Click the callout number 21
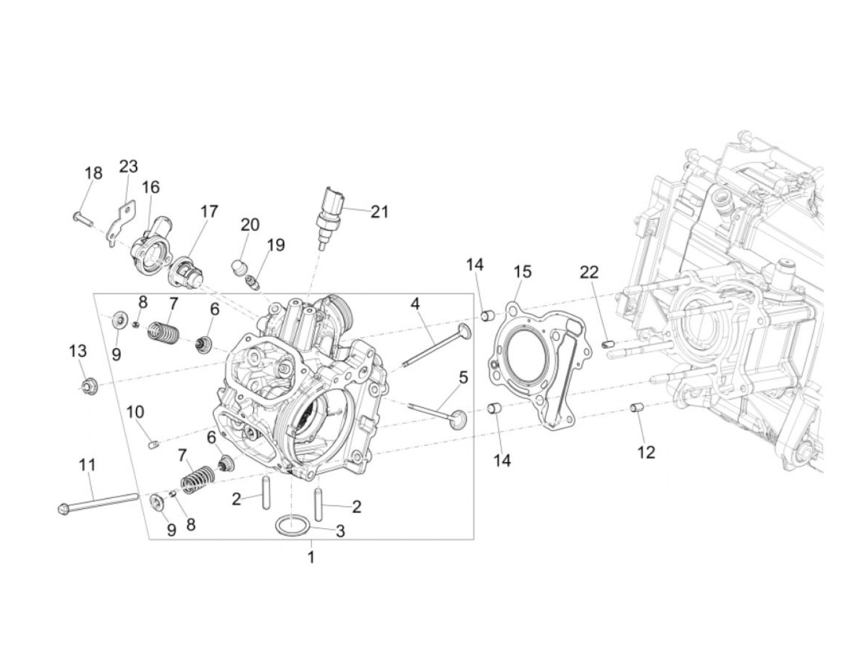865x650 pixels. click(379, 212)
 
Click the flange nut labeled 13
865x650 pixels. click(88, 387)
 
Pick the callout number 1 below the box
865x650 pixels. click(311, 557)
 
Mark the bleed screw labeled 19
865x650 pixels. click(252, 284)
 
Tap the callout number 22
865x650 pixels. click(589, 272)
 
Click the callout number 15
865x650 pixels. click(522, 272)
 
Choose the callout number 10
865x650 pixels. click(135, 412)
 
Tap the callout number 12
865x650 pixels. click(646, 452)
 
